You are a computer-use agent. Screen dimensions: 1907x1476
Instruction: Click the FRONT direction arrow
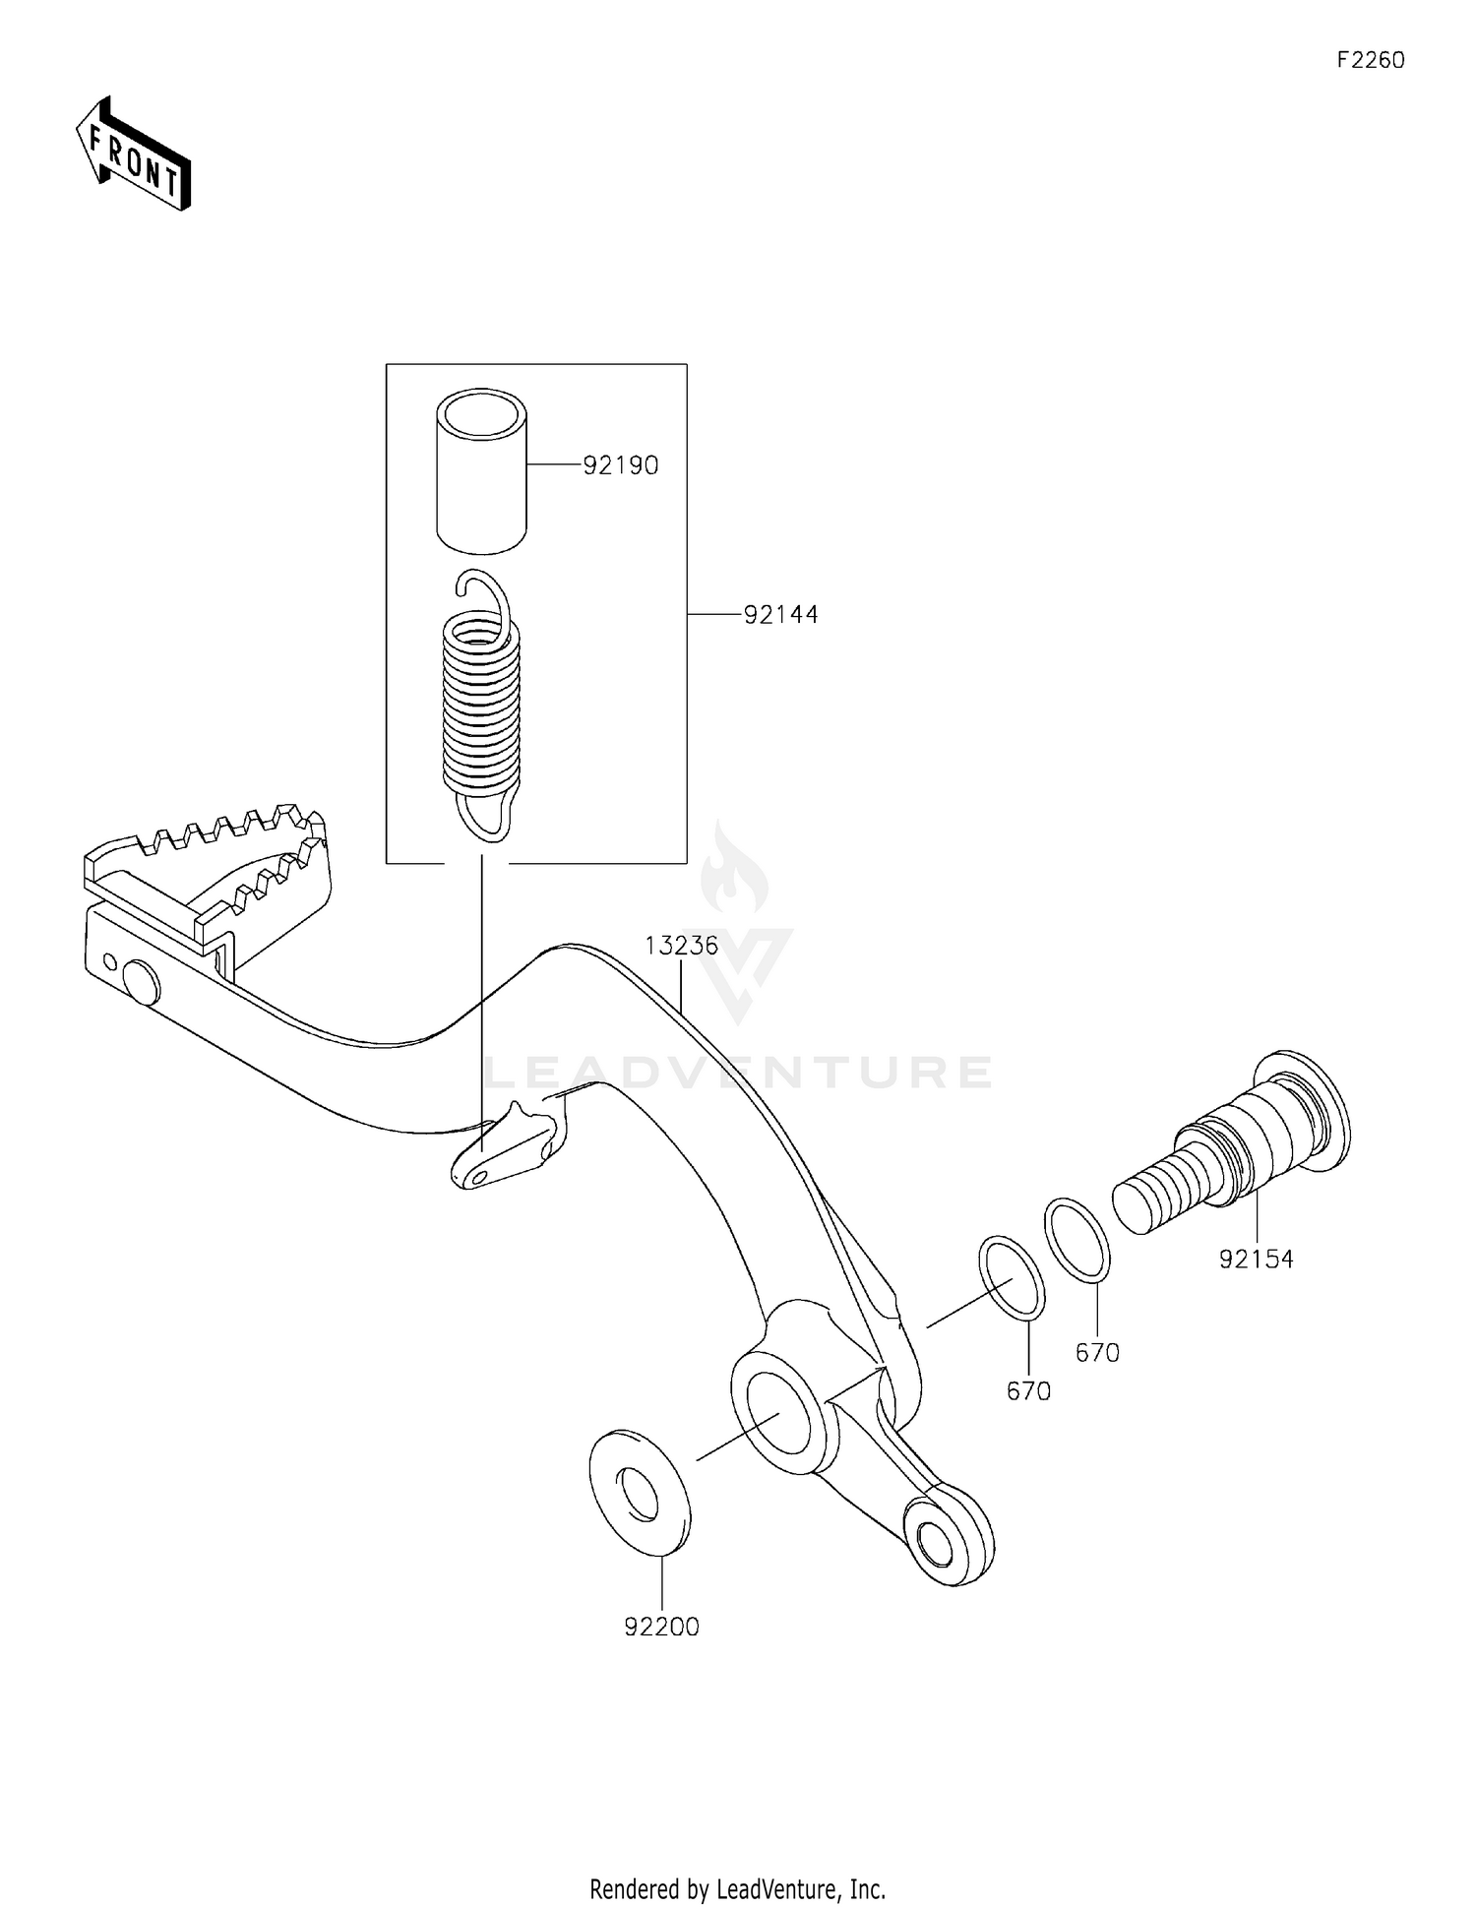[x=134, y=154]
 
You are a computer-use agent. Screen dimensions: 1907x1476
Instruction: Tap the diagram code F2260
[x=1370, y=61]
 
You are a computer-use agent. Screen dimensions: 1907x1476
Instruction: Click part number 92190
[x=620, y=465]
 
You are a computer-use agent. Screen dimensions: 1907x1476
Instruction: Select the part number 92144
[x=780, y=615]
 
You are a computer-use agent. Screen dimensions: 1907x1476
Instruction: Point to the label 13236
[x=682, y=946]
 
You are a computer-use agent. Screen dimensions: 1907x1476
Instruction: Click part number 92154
[x=1256, y=1259]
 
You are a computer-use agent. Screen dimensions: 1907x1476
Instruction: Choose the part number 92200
[x=661, y=1627]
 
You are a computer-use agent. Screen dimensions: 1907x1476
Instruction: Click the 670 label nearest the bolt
[x=1097, y=1353]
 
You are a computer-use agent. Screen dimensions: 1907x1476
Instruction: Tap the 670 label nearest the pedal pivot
[x=1028, y=1390]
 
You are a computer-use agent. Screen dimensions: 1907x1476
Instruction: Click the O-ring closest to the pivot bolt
[x=1077, y=1239]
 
